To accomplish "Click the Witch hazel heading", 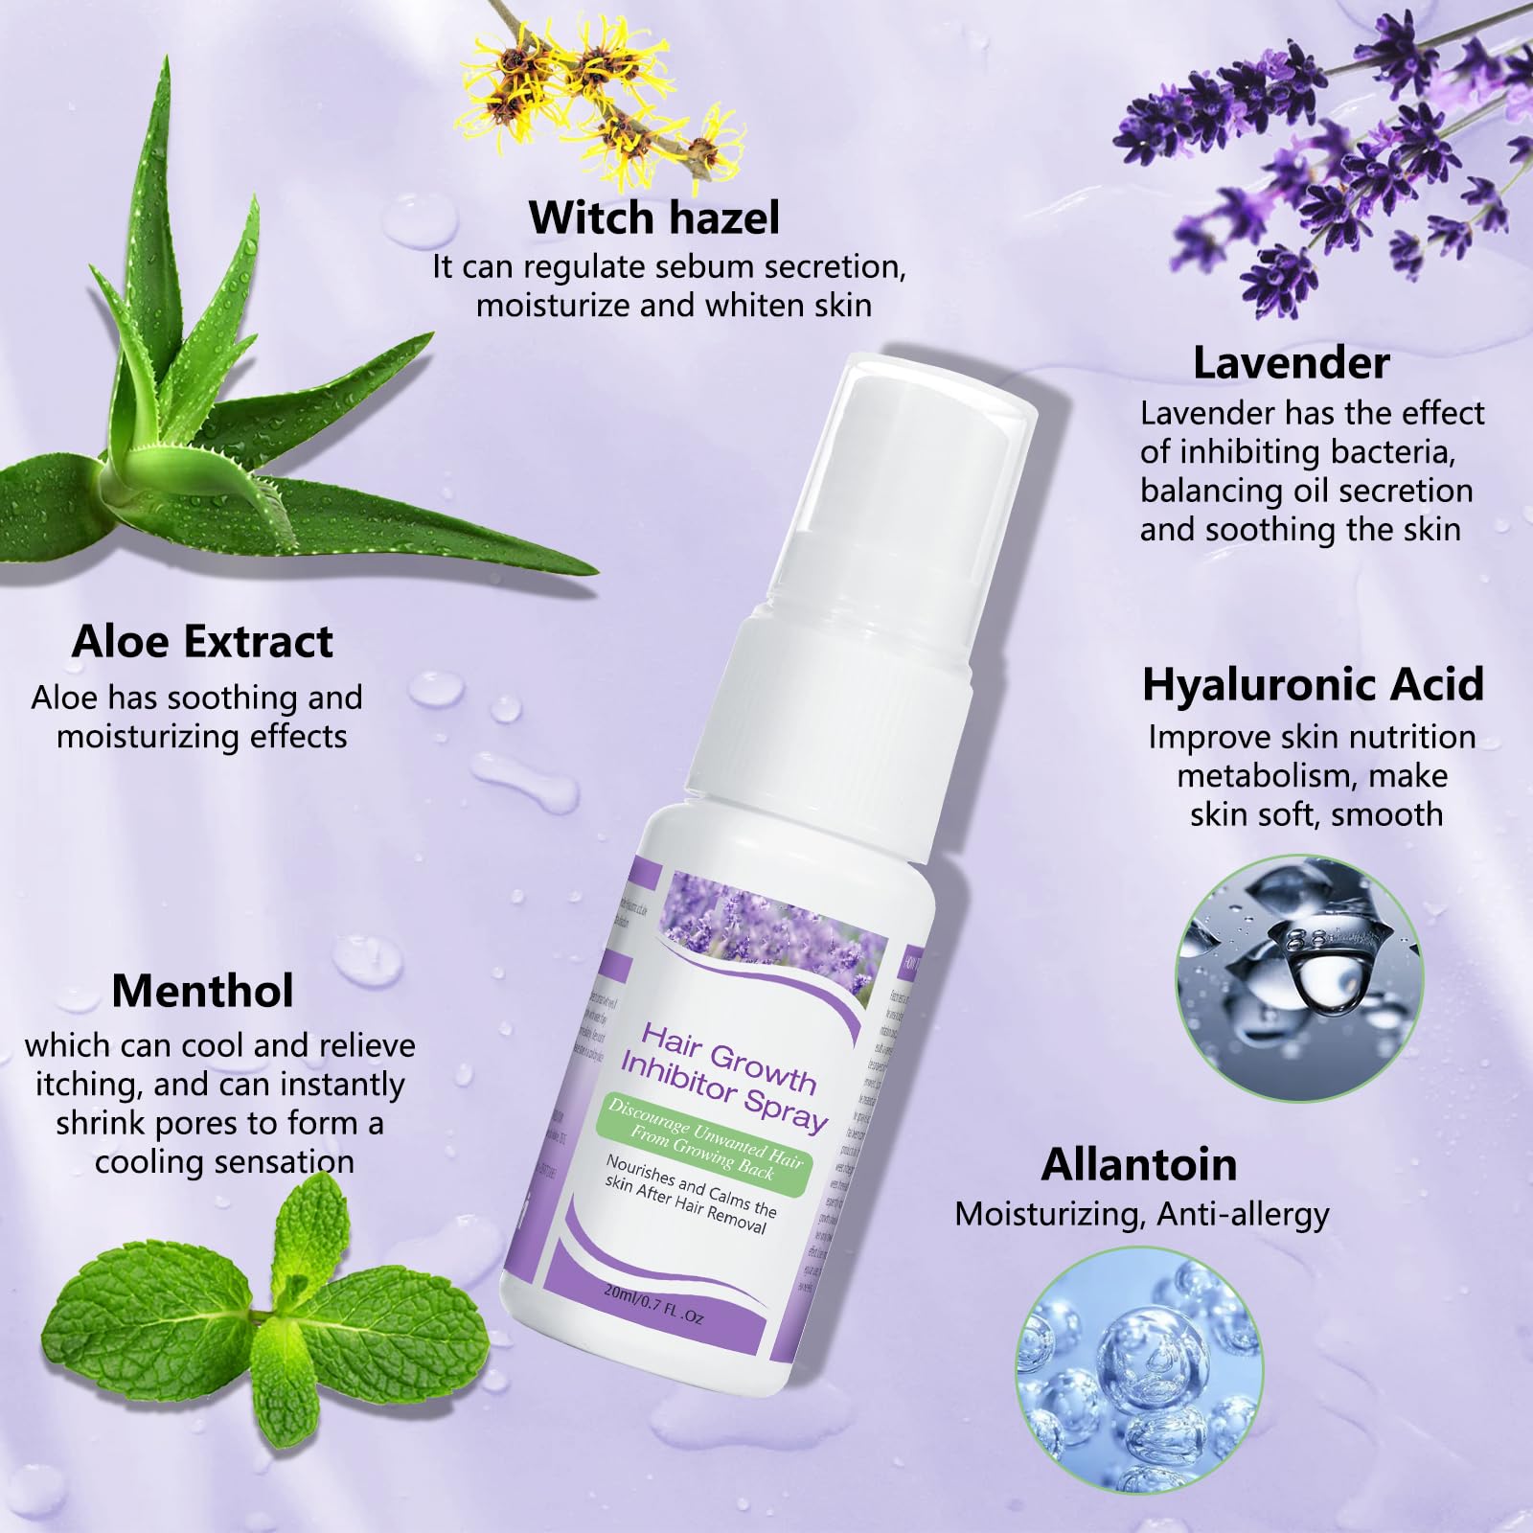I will click(x=654, y=217).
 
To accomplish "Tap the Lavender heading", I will click(x=1291, y=363).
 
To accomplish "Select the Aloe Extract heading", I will click(x=202, y=641).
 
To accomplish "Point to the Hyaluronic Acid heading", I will click(x=1313, y=685).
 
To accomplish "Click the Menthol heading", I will click(x=202, y=991).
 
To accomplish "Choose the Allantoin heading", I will click(x=1139, y=1164).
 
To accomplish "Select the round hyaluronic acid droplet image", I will click(x=1299, y=977).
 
